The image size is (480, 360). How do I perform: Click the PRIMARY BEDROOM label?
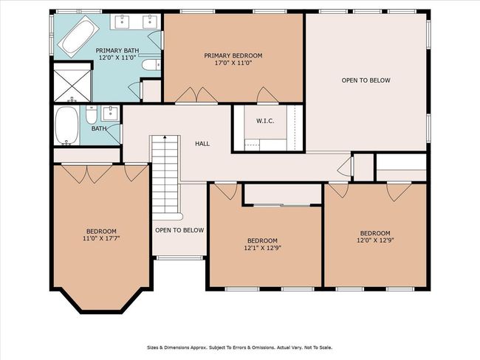pos(233,55)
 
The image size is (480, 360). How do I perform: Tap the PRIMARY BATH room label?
pos(117,50)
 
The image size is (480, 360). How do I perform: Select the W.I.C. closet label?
pos(265,121)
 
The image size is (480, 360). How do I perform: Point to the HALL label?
pos(202,143)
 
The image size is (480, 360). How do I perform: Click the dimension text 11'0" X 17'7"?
pos(101,238)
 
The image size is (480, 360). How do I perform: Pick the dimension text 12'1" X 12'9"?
pos(262,248)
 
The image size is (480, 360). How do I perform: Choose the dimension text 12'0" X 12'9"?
pos(375,240)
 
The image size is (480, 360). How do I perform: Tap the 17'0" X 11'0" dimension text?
pos(233,63)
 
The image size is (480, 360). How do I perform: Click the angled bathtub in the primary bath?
pos(78,37)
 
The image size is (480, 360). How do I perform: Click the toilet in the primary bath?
pos(151,64)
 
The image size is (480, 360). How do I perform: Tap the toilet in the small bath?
pos(92,114)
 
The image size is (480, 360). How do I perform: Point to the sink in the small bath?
pos(110,113)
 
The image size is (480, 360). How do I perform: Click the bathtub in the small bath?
pos(66,125)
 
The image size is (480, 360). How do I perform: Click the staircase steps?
pos(165,176)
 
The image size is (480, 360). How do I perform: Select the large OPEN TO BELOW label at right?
pos(366,80)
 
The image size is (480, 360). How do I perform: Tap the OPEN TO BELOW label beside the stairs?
pos(179,230)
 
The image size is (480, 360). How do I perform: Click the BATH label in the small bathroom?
pos(99,129)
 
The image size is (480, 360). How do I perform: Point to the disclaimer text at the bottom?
pos(240,347)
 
